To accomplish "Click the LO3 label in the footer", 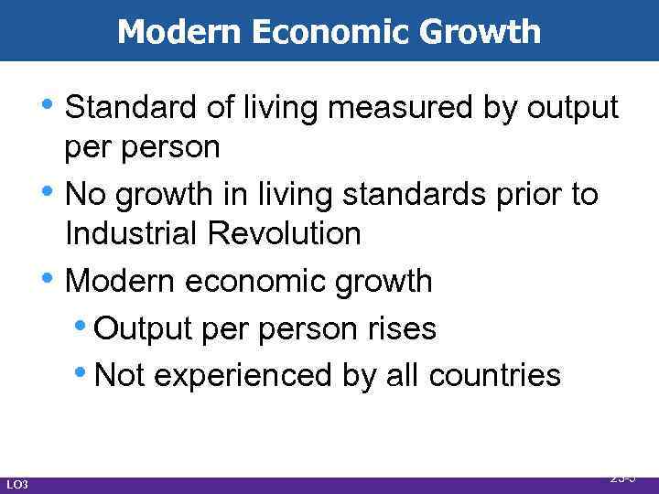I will pyautogui.click(x=17, y=483).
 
